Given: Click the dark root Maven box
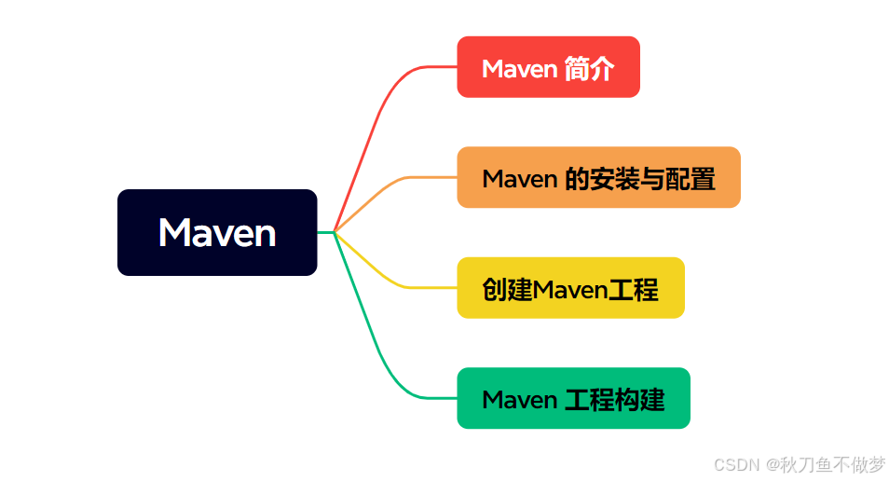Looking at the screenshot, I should (217, 232).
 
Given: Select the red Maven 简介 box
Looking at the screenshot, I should (548, 67).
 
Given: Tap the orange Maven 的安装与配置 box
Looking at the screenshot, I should (598, 177).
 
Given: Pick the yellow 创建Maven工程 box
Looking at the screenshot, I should (570, 288).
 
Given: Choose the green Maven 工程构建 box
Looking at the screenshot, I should (573, 398).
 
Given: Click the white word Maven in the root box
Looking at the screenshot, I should (217, 232).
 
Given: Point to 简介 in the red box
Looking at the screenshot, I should (590, 68).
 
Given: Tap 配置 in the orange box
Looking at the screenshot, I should (691, 178).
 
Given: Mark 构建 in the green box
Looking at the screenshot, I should (639, 400).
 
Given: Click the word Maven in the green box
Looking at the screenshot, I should (520, 400).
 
